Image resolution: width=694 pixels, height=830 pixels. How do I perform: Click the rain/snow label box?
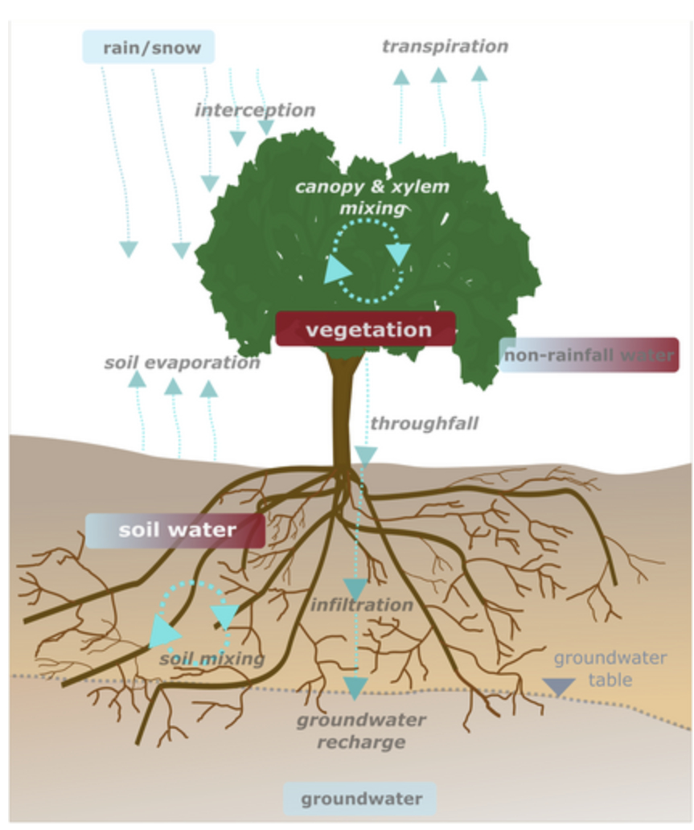149,47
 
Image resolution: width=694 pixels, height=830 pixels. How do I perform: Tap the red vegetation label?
367,329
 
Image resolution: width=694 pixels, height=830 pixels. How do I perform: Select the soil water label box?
175,530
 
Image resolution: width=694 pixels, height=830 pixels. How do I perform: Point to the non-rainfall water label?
589,355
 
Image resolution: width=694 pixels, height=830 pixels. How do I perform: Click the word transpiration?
445,46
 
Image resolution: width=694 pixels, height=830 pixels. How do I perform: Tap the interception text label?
254,109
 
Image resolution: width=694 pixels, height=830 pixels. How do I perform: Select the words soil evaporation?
182,363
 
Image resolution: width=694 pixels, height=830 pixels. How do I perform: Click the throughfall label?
424,423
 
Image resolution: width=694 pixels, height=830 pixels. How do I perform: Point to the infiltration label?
362,604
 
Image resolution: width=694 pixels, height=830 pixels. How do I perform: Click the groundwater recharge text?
361,730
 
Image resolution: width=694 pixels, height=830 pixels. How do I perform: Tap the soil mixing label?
211,659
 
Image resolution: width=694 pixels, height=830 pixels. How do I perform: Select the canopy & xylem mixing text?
372,197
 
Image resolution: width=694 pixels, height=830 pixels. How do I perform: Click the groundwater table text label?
610,668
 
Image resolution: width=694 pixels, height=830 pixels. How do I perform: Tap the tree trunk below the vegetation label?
343,410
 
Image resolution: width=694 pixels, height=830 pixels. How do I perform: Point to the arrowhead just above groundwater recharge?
355,688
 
